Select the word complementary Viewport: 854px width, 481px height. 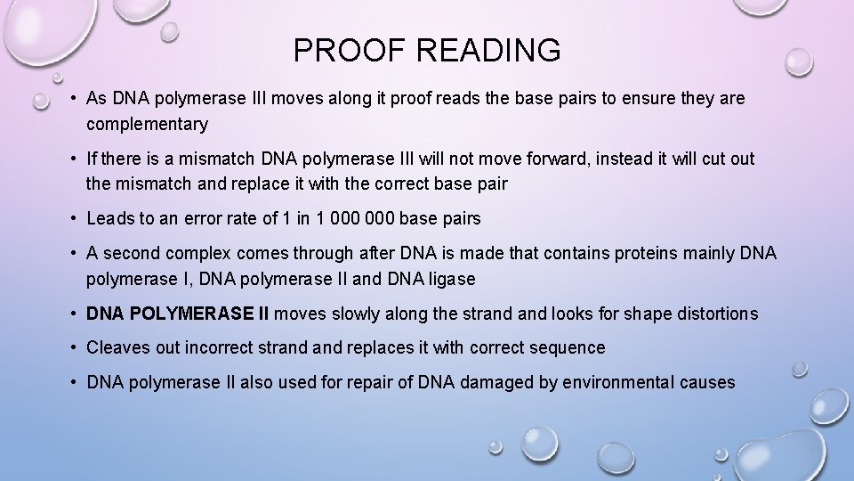[x=147, y=125]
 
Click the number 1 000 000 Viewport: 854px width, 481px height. [x=351, y=219]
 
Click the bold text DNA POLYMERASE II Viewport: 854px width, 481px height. [x=179, y=314]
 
